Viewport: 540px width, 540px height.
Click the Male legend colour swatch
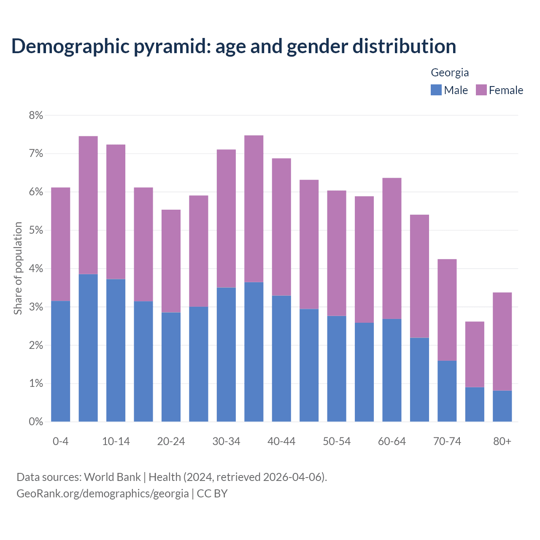click(436, 90)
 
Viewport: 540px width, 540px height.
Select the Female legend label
click(506, 90)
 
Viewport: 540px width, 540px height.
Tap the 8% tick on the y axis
click(36, 116)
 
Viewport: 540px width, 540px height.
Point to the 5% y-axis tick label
click(36, 230)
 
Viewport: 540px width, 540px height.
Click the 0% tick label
click(36, 422)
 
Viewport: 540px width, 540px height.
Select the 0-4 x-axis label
click(60, 441)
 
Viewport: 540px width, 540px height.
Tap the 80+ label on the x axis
click(502, 441)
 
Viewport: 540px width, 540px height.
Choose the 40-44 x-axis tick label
click(281, 441)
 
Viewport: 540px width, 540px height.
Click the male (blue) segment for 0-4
click(60, 361)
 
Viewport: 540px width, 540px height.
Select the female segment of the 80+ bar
click(502, 341)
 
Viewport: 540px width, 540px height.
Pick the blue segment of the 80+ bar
click(502, 406)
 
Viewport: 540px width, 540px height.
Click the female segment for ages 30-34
click(226, 219)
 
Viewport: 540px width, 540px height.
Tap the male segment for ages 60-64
click(391, 370)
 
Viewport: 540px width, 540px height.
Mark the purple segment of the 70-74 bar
click(447, 310)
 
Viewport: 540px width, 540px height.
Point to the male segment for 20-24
click(171, 367)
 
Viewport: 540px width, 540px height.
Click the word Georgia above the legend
click(450, 73)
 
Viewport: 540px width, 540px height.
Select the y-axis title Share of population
click(18, 268)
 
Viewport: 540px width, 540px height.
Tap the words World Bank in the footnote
click(112, 477)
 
